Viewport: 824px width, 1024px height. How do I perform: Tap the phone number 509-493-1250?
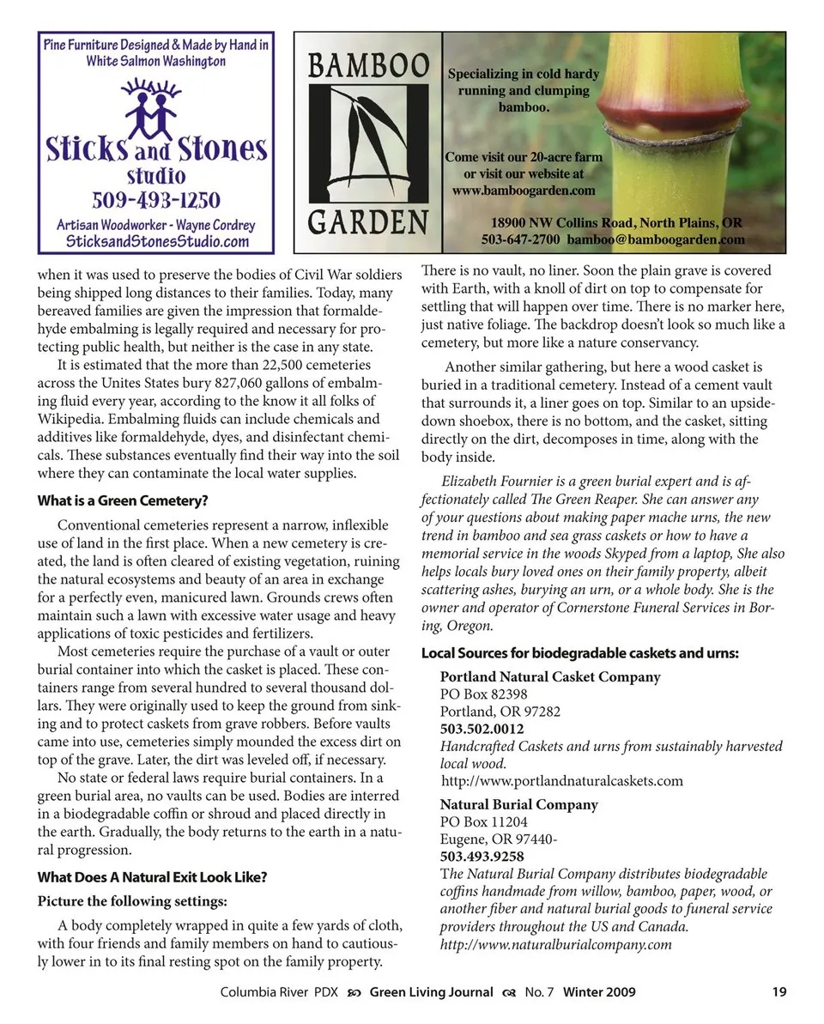pyautogui.click(x=155, y=201)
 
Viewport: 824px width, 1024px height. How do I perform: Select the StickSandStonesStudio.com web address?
pyautogui.click(x=157, y=242)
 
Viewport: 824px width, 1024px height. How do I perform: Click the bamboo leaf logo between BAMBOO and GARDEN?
pyautogui.click(x=367, y=142)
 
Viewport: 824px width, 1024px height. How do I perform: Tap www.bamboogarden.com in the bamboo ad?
pyautogui.click(x=524, y=190)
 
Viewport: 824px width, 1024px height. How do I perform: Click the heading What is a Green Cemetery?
pyautogui.click(x=123, y=500)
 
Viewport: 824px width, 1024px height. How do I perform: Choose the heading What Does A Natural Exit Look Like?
pyautogui.click(x=153, y=877)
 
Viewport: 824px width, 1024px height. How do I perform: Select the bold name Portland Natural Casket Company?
pyautogui.click(x=550, y=676)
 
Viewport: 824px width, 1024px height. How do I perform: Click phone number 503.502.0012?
pyautogui.click(x=482, y=729)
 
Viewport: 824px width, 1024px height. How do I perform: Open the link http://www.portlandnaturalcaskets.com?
pyautogui.click(x=561, y=781)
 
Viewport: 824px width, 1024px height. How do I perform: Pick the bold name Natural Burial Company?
pyautogui.click(x=518, y=804)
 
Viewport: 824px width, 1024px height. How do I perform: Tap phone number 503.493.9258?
pyautogui.click(x=482, y=857)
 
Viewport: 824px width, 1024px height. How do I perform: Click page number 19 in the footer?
pyautogui.click(x=779, y=992)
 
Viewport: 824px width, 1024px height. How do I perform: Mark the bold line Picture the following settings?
pyautogui.click(x=133, y=901)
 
